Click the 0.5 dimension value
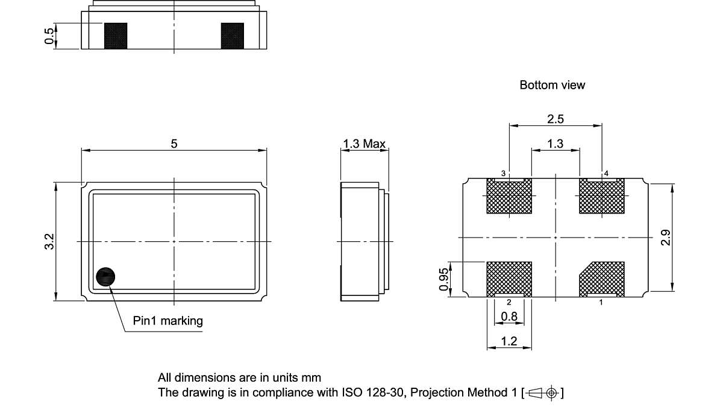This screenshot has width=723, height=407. click(x=49, y=36)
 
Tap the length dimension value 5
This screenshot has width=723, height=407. click(x=174, y=144)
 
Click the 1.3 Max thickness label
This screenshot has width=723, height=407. click(x=364, y=144)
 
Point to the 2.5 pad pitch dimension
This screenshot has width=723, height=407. click(x=556, y=119)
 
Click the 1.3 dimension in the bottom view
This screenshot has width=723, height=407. click(x=556, y=144)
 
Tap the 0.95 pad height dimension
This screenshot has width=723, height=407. click(x=444, y=279)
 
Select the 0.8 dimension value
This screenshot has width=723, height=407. click(x=509, y=316)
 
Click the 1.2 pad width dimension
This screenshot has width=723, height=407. click(x=509, y=341)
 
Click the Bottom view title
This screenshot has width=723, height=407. click(x=552, y=85)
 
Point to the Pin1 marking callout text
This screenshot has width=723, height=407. click(x=168, y=321)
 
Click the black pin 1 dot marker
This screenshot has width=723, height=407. click(x=105, y=277)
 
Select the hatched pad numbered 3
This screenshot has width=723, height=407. click(x=509, y=197)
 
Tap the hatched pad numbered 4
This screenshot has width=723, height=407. click(x=602, y=197)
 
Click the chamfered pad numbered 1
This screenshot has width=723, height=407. click(x=603, y=279)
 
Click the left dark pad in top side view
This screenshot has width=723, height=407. click(x=116, y=36)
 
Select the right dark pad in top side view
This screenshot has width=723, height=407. click(x=232, y=36)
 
